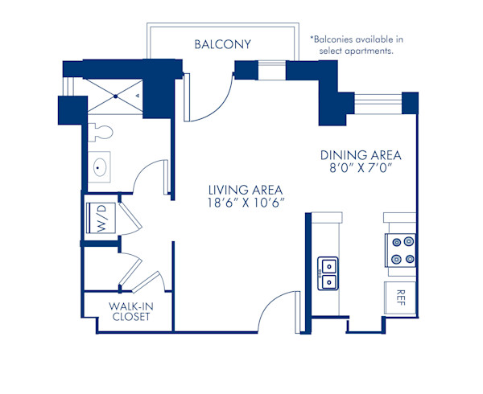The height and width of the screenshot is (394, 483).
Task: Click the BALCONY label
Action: pyautogui.click(x=223, y=44)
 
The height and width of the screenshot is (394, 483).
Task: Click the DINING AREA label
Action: pyautogui.click(x=360, y=155)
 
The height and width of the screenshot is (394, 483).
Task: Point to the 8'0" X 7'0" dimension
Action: pyautogui.click(x=360, y=170)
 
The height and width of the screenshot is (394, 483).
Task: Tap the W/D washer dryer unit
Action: pyautogui.click(x=102, y=218)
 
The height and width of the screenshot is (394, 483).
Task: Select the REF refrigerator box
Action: pyautogui.click(x=400, y=298)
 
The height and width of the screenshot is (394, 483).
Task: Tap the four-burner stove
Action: pyautogui.click(x=401, y=249)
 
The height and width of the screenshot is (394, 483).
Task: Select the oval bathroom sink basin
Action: pyautogui.click(x=102, y=168)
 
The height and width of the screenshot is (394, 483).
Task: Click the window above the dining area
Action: pyautogui.click(x=378, y=101)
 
